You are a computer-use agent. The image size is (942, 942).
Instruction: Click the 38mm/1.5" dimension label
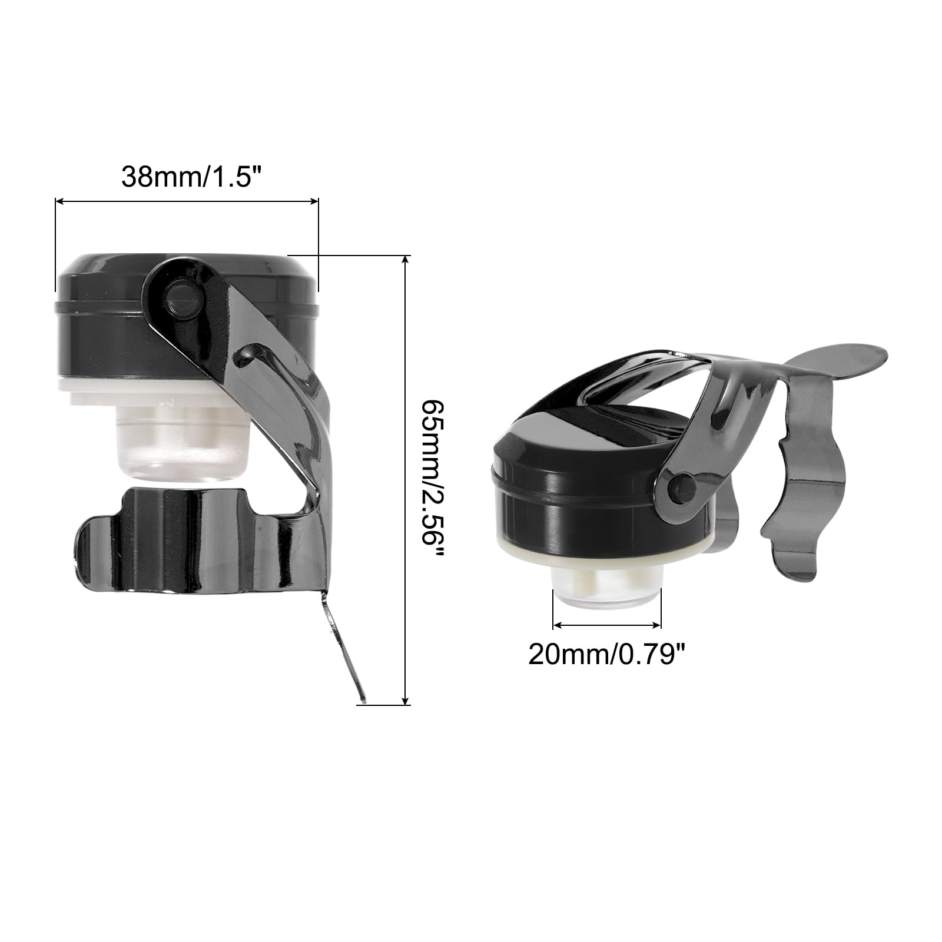pos(191,176)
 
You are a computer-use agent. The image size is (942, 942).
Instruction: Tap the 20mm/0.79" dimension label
pos(607,654)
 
